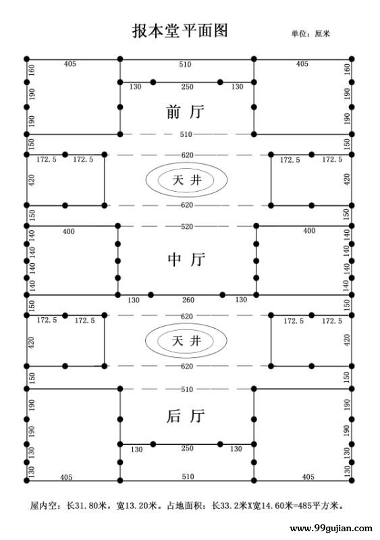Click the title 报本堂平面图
pyautogui.click(x=180, y=30)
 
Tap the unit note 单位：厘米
pyautogui.click(x=310, y=33)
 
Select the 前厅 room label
pyautogui.click(x=186, y=112)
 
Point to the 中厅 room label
pyautogui.click(x=186, y=259)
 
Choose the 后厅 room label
pyautogui.click(x=186, y=416)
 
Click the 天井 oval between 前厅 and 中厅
pyautogui.click(x=186, y=180)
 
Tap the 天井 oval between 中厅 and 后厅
pyautogui.click(x=186, y=341)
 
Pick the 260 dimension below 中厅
pyautogui.click(x=188, y=300)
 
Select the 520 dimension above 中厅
pyautogui.click(x=187, y=226)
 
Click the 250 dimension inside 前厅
pyautogui.click(x=188, y=87)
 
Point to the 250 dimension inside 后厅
pyautogui.click(x=188, y=448)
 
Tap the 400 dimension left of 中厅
pyautogui.click(x=69, y=232)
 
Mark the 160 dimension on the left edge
pyautogui.click(x=31, y=70)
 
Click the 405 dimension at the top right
pyautogui.click(x=302, y=63)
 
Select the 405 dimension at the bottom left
pyautogui.click(x=66, y=477)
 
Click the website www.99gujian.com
pyautogui.click(x=331, y=529)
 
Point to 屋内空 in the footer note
pyautogui.click(x=41, y=506)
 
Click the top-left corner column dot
pyautogui.click(x=27, y=59)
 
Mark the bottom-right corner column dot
pyautogui.click(x=352, y=481)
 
